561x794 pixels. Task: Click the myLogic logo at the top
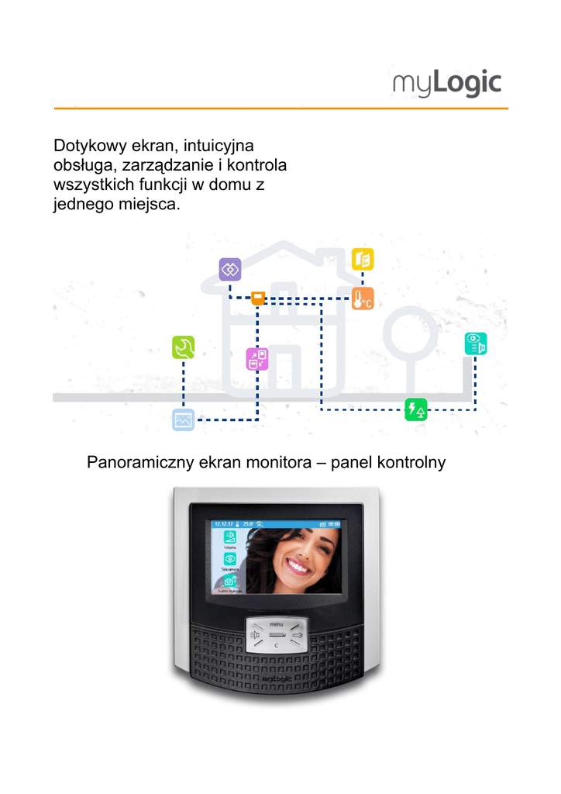coord(447,83)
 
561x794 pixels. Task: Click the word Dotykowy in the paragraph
coord(84,146)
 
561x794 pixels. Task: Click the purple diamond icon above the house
coord(230,269)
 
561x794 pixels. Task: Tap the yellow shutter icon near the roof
coord(363,258)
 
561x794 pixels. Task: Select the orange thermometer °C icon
coord(363,299)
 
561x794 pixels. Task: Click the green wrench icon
coord(184,347)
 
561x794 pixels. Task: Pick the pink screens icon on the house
coord(257,359)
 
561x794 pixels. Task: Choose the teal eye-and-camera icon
coord(475,343)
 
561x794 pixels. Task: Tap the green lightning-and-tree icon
coord(416,409)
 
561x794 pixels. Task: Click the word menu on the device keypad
coord(277,624)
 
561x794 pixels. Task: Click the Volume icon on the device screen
coord(230,537)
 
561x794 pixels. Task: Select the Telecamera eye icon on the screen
coord(230,558)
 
